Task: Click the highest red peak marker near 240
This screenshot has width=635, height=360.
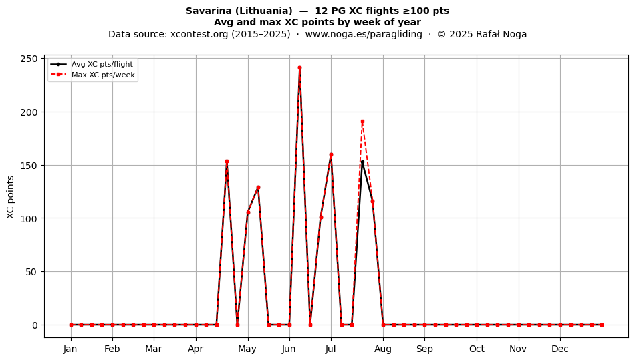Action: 299,68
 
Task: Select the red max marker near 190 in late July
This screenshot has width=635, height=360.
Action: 362,122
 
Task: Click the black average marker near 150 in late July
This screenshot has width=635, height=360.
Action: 362,162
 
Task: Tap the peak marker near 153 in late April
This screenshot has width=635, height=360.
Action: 227,162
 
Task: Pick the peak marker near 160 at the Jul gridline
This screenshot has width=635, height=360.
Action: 331,154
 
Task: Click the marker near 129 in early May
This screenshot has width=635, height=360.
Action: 258,188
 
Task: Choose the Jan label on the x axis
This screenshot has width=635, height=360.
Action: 70,349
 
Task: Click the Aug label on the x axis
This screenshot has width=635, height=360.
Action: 383,349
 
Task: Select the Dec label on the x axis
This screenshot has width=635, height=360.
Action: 560,349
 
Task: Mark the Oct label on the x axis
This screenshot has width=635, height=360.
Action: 477,349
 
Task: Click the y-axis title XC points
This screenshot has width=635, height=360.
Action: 11,198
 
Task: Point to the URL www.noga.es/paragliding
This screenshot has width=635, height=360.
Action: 364,34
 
